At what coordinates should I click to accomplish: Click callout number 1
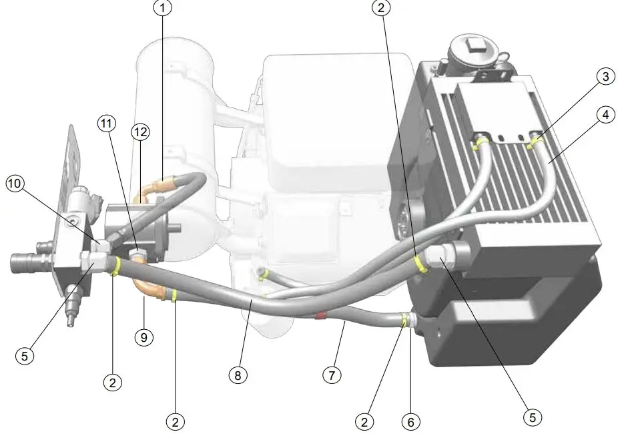[162, 8]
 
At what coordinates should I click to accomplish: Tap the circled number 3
[605, 77]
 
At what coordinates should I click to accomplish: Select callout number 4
[605, 115]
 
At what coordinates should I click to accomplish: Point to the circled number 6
[411, 421]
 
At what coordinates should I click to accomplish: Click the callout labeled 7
[332, 375]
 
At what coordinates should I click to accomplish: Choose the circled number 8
[238, 375]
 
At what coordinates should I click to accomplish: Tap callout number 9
[143, 337]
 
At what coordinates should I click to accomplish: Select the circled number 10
[15, 183]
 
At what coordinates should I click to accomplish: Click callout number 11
[106, 124]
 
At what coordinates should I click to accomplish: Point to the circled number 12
[139, 133]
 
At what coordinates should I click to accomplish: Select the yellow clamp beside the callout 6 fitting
[404, 320]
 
